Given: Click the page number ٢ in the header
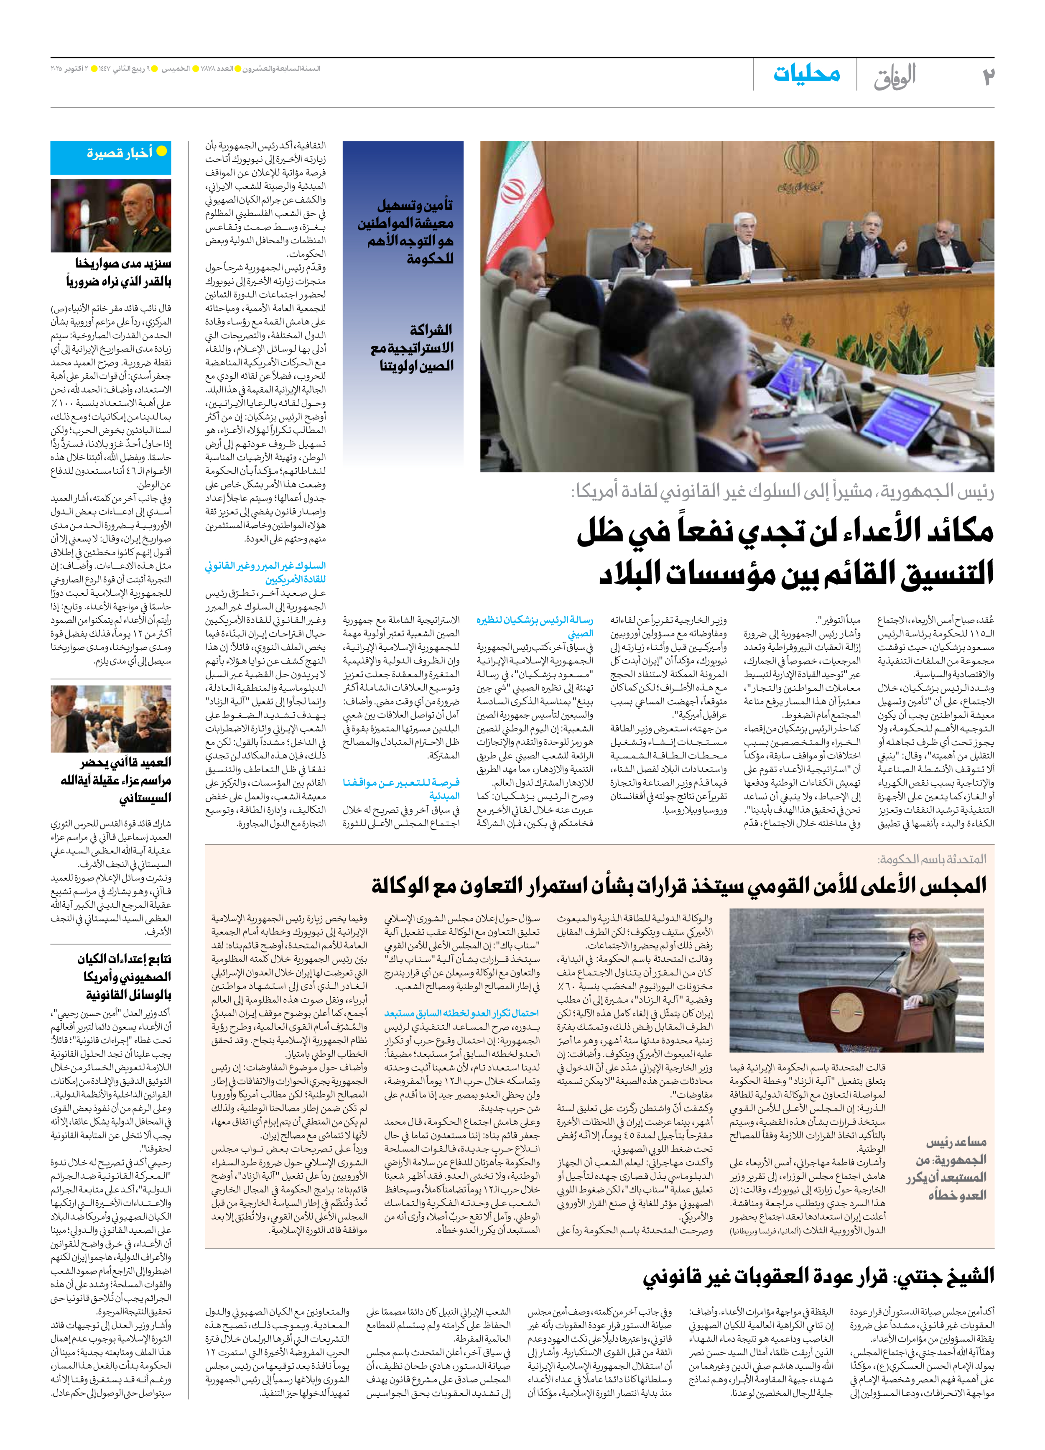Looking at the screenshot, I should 987,76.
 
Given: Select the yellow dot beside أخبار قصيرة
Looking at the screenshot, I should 162,151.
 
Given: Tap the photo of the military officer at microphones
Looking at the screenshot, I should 111,215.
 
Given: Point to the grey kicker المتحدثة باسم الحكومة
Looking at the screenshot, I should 932,859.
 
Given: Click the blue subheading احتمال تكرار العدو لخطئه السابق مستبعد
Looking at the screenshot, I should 461,1013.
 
